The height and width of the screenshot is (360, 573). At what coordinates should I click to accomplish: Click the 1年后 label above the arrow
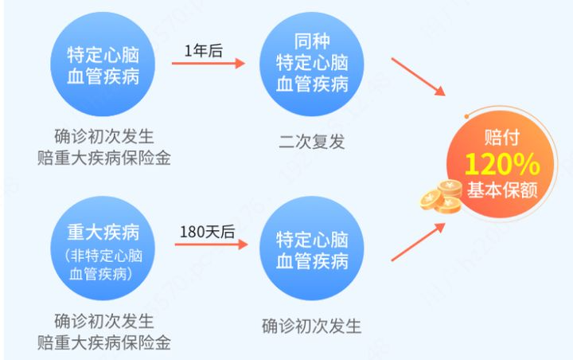click(203, 51)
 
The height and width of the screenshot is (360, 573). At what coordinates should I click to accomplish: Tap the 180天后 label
click(207, 232)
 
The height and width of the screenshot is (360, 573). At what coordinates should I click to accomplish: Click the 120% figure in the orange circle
click(501, 164)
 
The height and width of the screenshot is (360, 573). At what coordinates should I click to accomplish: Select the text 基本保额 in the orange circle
click(501, 191)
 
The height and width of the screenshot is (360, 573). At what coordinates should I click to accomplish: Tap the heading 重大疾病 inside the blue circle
click(103, 232)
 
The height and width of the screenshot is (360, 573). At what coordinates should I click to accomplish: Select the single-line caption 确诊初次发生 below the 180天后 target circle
click(312, 327)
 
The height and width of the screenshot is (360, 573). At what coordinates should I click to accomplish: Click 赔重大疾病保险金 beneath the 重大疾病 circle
click(103, 343)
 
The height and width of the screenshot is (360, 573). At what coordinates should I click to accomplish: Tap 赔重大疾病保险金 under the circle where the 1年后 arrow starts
click(103, 156)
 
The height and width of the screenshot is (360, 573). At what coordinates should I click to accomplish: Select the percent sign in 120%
click(526, 164)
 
